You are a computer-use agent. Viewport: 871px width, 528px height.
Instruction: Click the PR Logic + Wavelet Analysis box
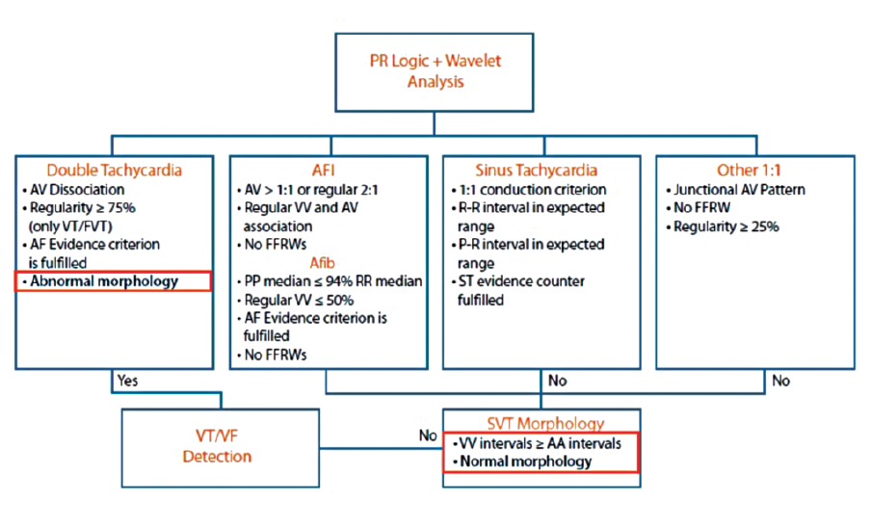(x=435, y=71)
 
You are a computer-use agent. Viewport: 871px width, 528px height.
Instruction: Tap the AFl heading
(x=328, y=171)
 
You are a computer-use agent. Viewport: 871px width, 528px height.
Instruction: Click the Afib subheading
(x=328, y=263)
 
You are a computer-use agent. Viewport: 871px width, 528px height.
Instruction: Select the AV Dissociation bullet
(x=78, y=189)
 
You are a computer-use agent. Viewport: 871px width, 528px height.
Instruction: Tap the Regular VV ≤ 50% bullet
(x=298, y=301)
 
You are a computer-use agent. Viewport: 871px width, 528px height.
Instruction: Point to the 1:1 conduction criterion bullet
(x=531, y=189)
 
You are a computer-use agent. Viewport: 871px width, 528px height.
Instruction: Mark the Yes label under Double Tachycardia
(x=128, y=381)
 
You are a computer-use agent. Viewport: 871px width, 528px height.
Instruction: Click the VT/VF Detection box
(x=217, y=447)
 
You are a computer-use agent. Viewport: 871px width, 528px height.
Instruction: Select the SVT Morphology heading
(x=547, y=423)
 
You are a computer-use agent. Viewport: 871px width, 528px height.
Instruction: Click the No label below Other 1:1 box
(x=781, y=381)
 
